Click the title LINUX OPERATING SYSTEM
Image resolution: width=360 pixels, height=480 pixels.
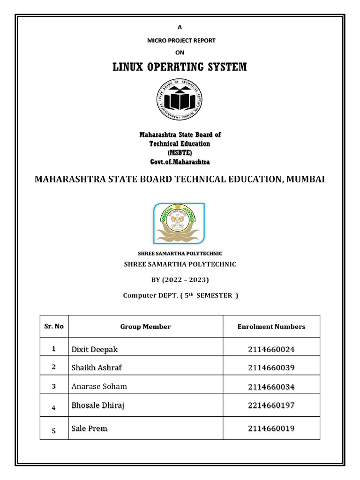180,67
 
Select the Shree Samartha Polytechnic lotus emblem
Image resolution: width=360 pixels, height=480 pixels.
180,223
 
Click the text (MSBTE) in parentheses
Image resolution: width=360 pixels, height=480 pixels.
180,153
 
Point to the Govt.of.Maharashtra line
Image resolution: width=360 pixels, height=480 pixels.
180,162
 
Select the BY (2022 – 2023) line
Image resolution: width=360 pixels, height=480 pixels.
180,280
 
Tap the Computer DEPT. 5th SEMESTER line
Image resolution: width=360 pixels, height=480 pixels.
180,296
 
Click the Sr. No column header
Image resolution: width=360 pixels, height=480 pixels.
54,326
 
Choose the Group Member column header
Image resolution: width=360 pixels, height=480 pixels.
145,327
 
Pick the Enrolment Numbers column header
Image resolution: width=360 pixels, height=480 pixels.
271,327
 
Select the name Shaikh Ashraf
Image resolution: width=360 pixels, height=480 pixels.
96,368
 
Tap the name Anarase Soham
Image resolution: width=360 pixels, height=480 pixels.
99,387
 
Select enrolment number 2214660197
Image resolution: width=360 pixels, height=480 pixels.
271,405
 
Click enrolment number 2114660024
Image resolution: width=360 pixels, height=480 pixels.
271,350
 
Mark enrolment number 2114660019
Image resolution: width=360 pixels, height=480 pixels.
271,428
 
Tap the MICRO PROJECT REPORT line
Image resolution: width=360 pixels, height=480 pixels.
180,40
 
